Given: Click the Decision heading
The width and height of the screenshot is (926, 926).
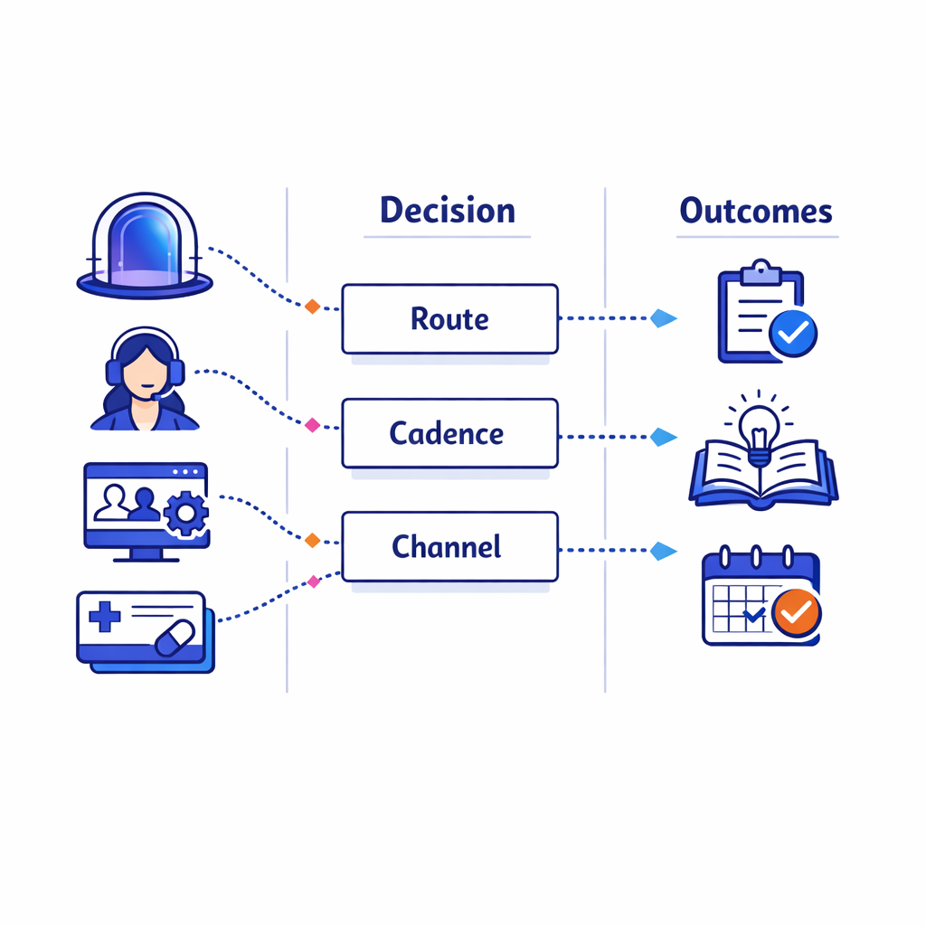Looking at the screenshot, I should click(447, 211).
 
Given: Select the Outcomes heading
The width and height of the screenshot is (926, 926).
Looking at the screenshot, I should click(756, 211).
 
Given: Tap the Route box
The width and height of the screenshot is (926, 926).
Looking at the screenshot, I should click(449, 318).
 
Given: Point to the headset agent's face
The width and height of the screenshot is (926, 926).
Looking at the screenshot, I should click(144, 370).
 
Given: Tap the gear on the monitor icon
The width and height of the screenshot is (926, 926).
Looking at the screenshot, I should click(186, 515).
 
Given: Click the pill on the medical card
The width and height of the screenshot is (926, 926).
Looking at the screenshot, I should click(175, 638).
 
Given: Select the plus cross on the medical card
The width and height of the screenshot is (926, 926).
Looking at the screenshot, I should click(105, 618).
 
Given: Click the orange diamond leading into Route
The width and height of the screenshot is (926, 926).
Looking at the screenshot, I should click(312, 307).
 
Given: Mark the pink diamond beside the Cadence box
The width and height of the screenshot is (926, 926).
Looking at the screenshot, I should click(313, 424).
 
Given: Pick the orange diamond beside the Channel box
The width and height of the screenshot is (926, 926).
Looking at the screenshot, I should click(312, 540).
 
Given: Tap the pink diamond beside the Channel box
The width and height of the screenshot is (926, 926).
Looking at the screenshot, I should click(314, 581).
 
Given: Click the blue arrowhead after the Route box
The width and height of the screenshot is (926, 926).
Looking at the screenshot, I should click(664, 318).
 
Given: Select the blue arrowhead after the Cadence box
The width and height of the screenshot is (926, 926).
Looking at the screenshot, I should click(664, 438).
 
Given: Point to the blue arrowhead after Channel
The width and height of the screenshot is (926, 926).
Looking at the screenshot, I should click(664, 551).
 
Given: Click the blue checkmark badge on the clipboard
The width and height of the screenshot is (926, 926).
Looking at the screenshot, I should click(793, 334).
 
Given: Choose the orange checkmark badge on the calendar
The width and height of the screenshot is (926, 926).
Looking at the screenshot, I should click(797, 613).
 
